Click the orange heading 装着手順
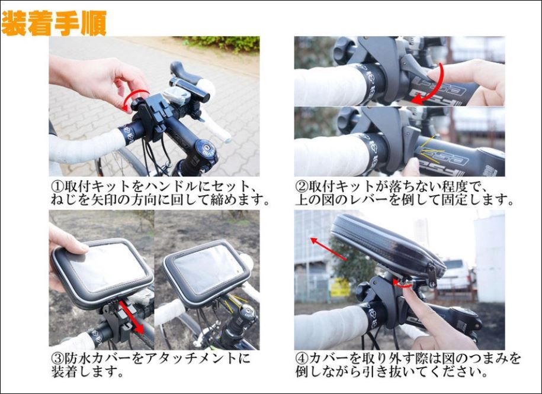coord(54,24)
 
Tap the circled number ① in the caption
coord(57,187)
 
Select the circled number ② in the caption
coord(302,187)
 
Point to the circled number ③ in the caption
coord(57,359)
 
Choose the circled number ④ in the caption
coord(302,359)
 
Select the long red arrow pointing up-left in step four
coord(328,248)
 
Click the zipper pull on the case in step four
coord(432,276)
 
